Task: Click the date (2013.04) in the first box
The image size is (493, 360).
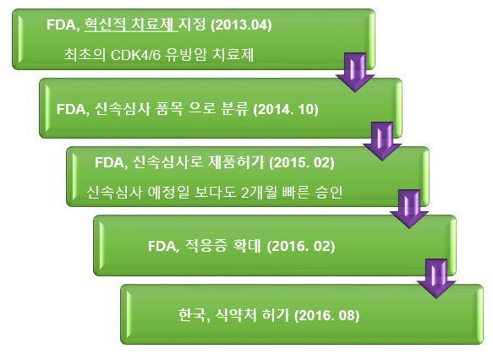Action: (x=241, y=25)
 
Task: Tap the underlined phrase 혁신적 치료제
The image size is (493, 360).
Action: (x=129, y=25)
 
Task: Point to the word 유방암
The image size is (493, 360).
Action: (x=186, y=54)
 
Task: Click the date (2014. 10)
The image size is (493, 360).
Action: (x=286, y=109)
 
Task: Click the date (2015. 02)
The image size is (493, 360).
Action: (x=302, y=162)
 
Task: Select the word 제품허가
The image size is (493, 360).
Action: (x=236, y=161)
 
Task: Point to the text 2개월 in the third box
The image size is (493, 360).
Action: (x=260, y=192)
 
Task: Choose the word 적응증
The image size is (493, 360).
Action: (x=206, y=245)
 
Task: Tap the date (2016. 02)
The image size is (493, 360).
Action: (x=301, y=246)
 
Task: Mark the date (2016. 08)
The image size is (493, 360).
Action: (x=327, y=315)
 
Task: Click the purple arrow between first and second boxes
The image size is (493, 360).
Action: (x=355, y=73)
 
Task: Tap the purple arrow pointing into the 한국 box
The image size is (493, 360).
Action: (x=436, y=279)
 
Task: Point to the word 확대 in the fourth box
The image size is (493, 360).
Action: (x=247, y=245)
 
